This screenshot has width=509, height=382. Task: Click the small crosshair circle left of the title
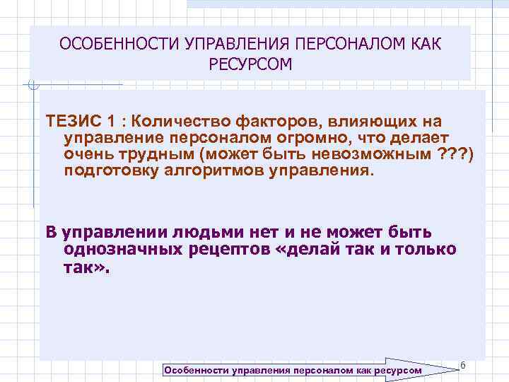click(32, 86)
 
